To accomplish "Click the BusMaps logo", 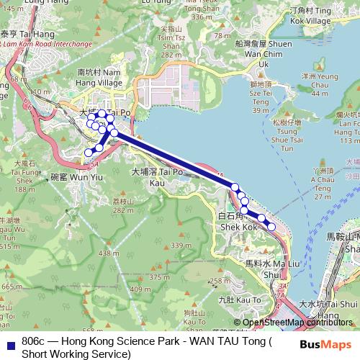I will (x=326, y=344).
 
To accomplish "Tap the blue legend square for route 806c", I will (x=9, y=342).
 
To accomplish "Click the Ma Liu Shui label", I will (x=263, y=269).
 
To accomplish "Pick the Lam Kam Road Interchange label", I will (x=47, y=44).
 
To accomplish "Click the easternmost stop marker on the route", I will (x=271, y=227).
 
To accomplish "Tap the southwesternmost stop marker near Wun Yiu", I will (x=89, y=152).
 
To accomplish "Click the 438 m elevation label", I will (x=109, y=253).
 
